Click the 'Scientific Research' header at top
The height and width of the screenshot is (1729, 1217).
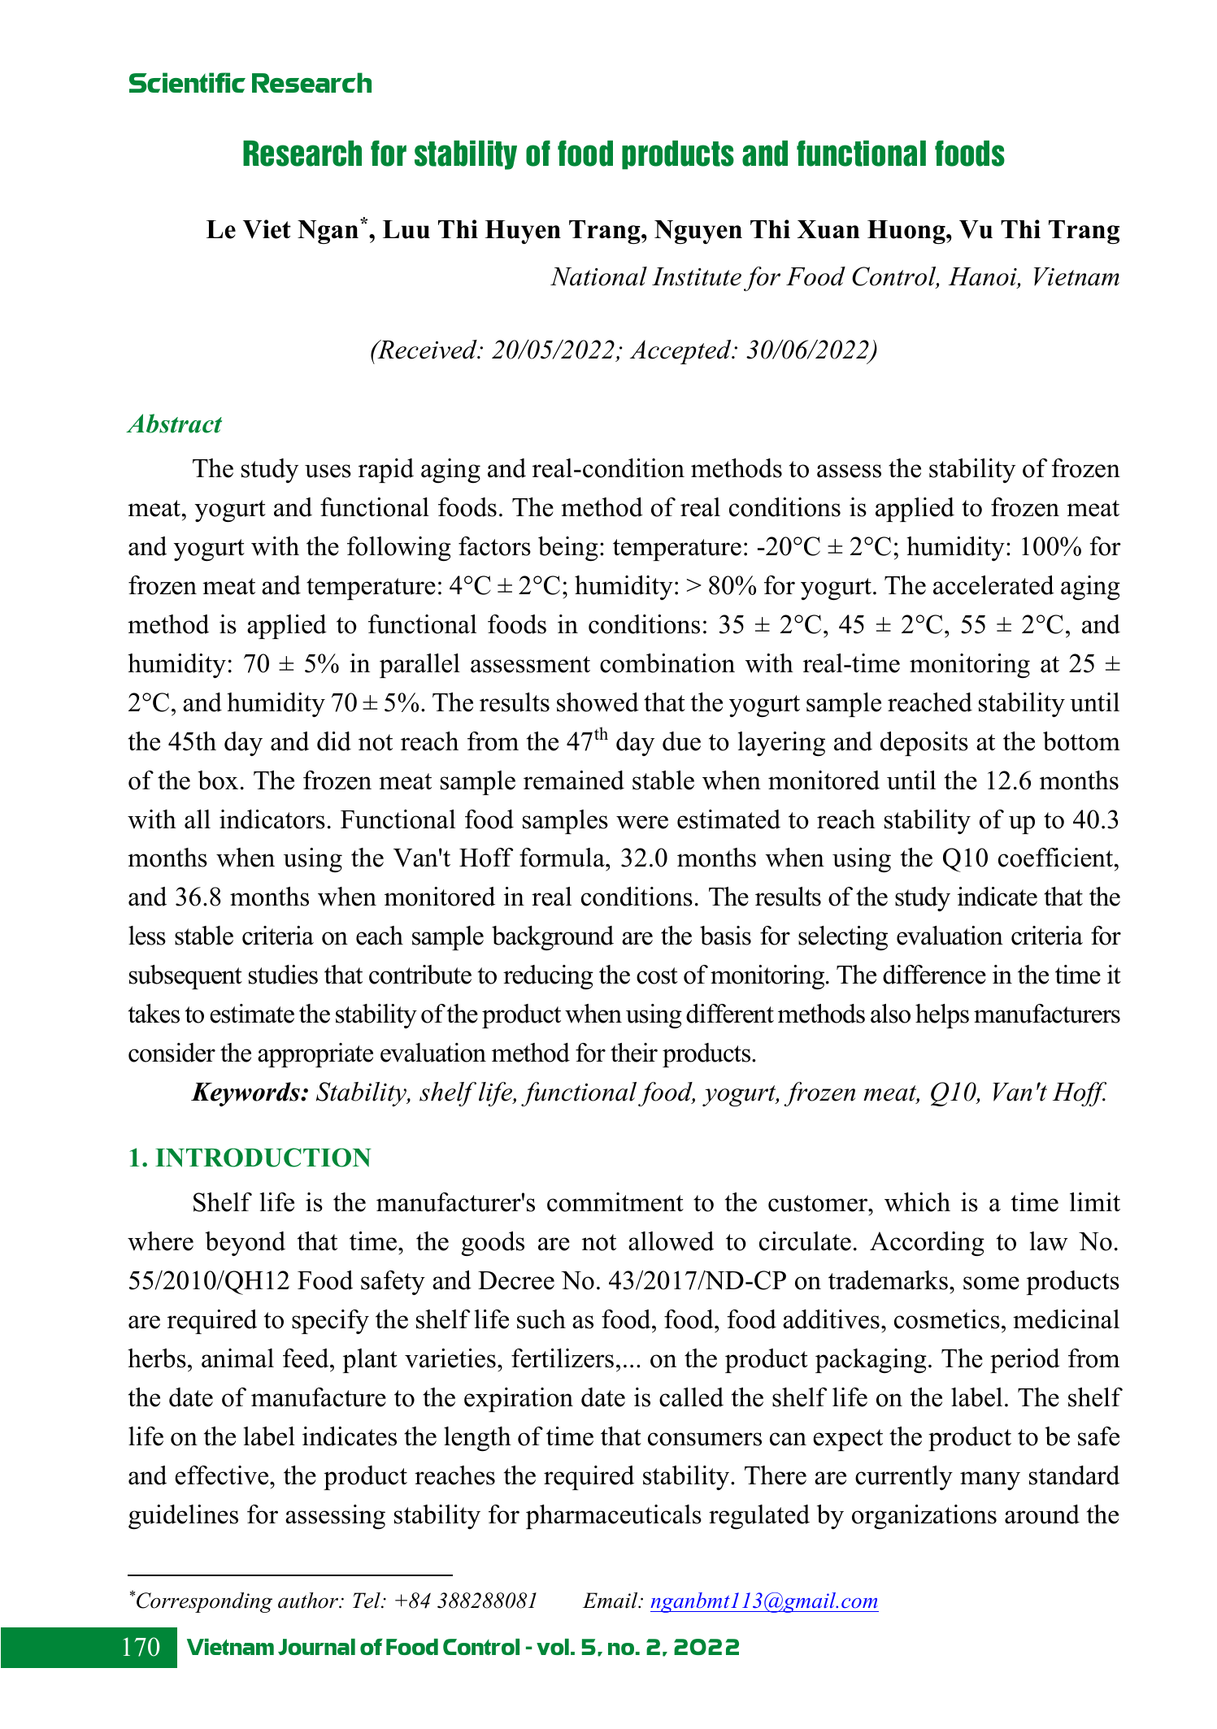pyautogui.click(x=250, y=84)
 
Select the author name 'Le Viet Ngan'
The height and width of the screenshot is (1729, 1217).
pyautogui.click(x=282, y=230)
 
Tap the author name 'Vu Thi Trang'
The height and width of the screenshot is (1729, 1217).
pyautogui.click(x=1040, y=230)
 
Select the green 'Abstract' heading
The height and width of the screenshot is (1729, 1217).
pyautogui.click(x=175, y=424)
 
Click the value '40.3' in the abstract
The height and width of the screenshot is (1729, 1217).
pyautogui.click(x=1096, y=820)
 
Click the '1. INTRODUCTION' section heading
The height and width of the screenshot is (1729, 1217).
pyautogui.click(x=250, y=1158)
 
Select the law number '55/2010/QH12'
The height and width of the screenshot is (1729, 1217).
pyautogui.click(x=209, y=1282)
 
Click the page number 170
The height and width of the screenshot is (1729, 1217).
pyautogui.click(x=141, y=1648)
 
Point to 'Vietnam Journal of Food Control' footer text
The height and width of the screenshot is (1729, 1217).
pyautogui.click(x=354, y=1649)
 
